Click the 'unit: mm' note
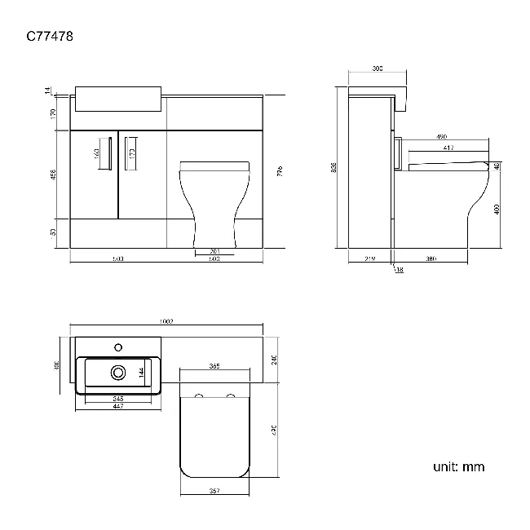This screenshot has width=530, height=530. pos(458,467)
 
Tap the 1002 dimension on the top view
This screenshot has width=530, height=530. pos(169,322)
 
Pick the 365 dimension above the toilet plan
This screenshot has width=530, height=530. pos(214,366)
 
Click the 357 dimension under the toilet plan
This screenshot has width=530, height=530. pos(214,491)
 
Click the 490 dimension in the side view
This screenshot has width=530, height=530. pos(441,136)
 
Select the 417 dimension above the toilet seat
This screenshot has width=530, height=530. pos(448,148)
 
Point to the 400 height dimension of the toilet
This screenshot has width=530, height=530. pos(497,208)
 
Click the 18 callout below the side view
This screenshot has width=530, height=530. pos(400,270)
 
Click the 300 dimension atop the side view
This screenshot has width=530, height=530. pos(377,69)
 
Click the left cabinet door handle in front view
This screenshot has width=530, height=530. pos(109,153)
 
